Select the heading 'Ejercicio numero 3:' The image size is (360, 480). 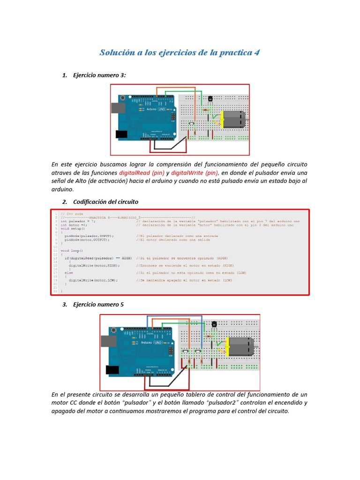coord(99,75)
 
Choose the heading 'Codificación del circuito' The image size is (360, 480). coord(105,202)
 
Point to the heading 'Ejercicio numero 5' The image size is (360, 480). coord(98,304)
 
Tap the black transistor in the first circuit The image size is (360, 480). coord(210,99)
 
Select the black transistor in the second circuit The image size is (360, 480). coord(214,324)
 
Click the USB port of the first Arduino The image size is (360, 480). coord(116,108)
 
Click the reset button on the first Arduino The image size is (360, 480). coord(122,98)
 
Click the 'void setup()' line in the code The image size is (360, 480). coord(73,228)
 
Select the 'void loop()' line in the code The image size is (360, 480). coord(72,251)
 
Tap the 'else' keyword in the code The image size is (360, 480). coord(68,272)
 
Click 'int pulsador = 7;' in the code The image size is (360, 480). coord(78,221)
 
